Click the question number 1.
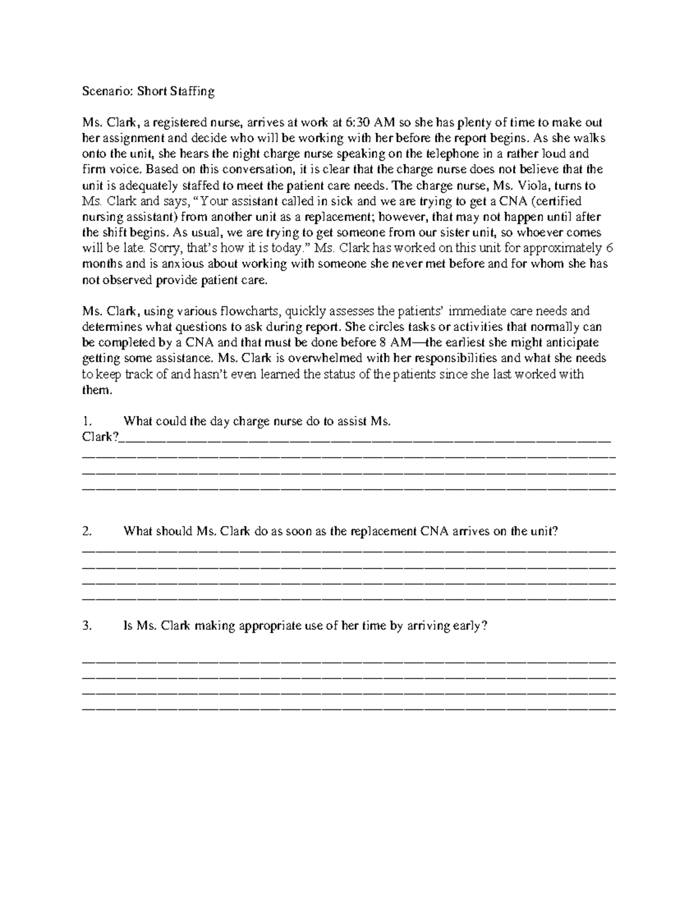coord(86,422)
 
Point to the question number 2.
coord(87,531)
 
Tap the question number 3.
coord(87,626)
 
